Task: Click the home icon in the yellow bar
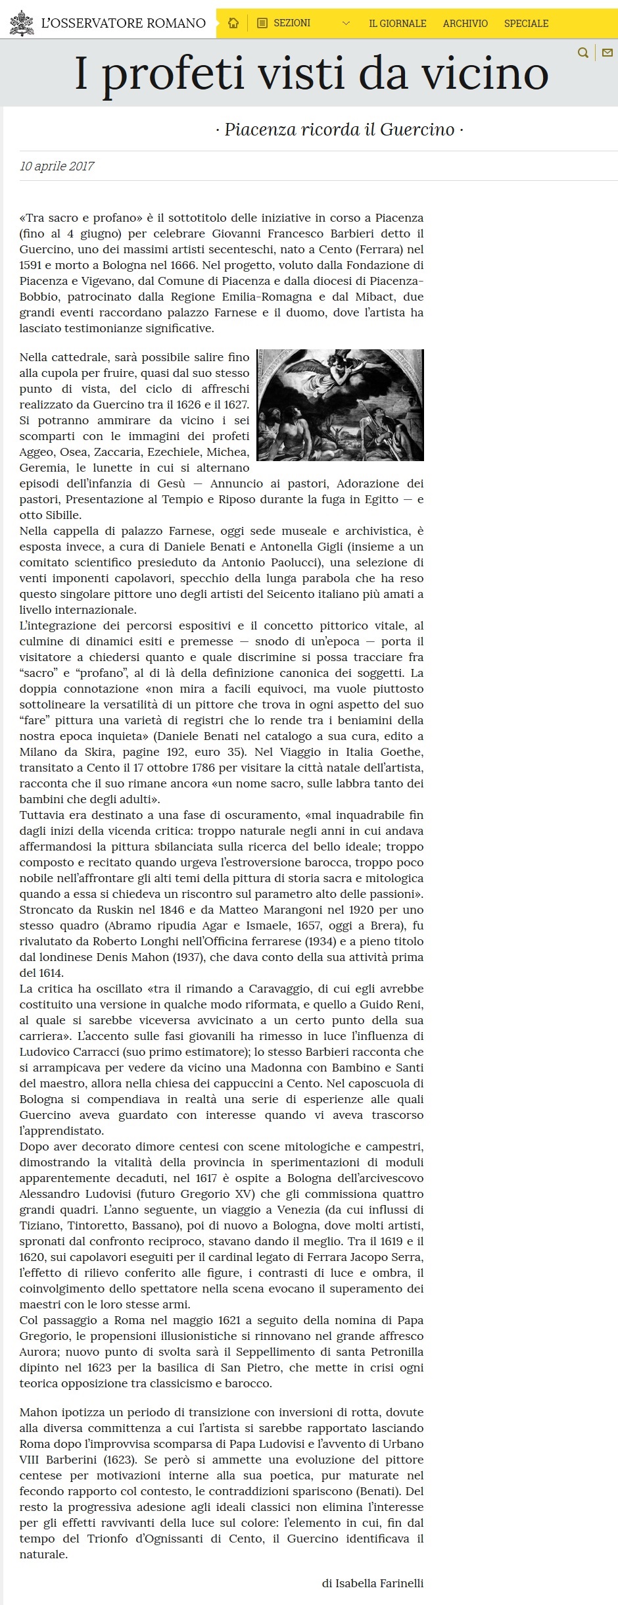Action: (233, 24)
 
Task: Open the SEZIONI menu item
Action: (291, 23)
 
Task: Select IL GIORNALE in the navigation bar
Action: (397, 24)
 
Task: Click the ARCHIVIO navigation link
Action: (465, 24)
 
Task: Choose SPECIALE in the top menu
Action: (526, 24)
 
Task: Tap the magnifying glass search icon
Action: (582, 53)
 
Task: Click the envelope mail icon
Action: (607, 53)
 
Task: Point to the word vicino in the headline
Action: (485, 74)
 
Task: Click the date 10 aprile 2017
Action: (57, 166)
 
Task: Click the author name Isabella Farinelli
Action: (379, 1583)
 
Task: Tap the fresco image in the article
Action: (340, 405)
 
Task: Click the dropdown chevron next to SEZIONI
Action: (346, 24)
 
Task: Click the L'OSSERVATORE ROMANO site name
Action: (123, 24)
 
